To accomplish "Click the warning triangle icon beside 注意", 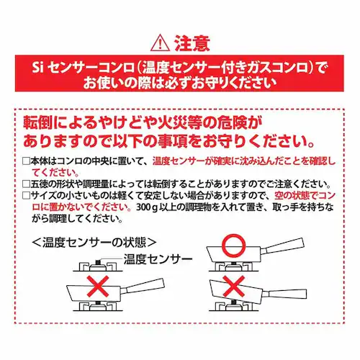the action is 160,45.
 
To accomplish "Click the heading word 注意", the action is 192,44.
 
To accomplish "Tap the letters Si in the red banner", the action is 37,68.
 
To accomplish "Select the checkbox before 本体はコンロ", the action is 26,161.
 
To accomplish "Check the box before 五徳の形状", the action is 26,184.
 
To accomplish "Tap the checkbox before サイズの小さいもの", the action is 26,196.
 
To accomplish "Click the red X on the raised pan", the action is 98,287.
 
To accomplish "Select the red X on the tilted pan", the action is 234,287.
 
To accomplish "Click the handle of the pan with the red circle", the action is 283,246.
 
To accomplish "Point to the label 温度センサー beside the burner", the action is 158,259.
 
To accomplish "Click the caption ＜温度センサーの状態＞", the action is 94,243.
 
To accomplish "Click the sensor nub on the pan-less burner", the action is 98,261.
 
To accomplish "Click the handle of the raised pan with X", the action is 143,286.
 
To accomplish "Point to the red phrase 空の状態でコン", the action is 305,196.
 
